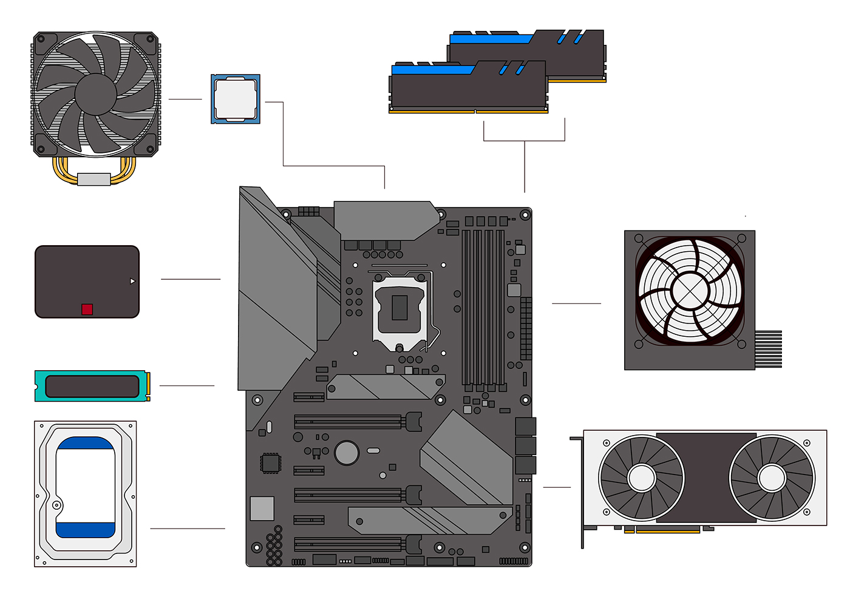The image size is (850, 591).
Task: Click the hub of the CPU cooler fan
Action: (x=96, y=94)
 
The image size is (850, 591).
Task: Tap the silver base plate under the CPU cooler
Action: (x=94, y=179)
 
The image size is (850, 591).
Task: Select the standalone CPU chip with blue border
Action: (x=236, y=99)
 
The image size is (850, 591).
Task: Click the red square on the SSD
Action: (x=87, y=309)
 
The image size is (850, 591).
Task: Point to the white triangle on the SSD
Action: (x=132, y=281)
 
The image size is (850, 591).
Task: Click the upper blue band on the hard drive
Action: (x=85, y=444)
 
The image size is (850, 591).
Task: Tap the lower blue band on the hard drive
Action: (x=85, y=530)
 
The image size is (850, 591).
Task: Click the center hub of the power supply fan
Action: (x=690, y=291)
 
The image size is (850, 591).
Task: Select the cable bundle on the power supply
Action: (x=768, y=349)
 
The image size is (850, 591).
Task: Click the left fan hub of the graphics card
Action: (x=641, y=478)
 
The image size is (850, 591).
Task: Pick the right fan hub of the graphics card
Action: (x=772, y=478)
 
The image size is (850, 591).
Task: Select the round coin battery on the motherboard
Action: (x=347, y=452)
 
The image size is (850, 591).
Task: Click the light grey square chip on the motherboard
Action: (x=262, y=508)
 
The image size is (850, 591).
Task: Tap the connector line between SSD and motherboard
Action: (x=191, y=279)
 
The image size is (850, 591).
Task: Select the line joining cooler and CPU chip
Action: (x=185, y=99)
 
